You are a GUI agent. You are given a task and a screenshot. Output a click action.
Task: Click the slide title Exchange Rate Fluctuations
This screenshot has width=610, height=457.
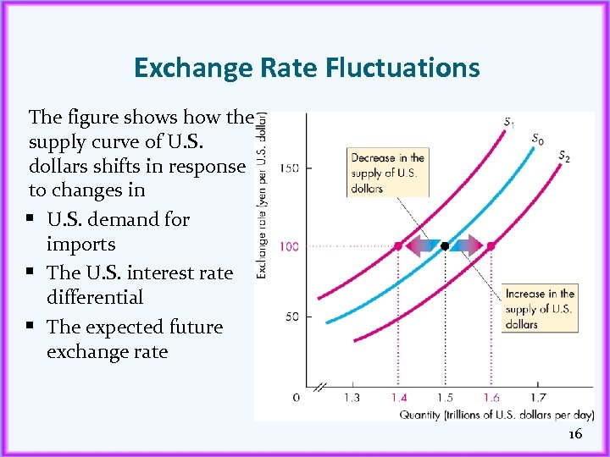click(x=307, y=68)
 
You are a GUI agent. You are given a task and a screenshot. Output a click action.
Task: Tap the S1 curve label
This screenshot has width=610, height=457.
click(x=508, y=124)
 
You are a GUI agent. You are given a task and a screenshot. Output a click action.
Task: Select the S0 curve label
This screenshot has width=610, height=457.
click(x=537, y=139)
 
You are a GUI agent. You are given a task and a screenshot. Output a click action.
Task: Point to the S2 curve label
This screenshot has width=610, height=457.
click(x=564, y=156)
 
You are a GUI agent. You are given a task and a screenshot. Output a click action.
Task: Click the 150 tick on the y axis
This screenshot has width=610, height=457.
click(x=289, y=169)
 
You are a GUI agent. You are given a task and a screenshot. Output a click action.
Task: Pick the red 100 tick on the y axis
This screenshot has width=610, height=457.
click(x=289, y=246)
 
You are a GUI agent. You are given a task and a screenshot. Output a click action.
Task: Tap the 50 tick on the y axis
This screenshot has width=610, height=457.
click(x=291, y=317)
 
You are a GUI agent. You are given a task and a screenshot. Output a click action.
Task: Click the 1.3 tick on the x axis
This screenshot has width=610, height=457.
click(x=351, y=397)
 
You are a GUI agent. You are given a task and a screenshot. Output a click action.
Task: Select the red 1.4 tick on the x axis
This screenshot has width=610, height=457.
click(x=398, y=397)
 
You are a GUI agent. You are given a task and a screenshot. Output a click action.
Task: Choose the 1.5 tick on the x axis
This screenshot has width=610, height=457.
click(x=445, y=397)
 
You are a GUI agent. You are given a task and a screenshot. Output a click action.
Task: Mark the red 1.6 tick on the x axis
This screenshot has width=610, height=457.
click(x=491, y=397)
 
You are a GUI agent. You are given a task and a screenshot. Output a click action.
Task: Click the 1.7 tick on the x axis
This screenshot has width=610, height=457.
click(x=538, y=397)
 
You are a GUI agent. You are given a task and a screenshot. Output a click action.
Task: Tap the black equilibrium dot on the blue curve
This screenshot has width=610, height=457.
click(x=445, y=246)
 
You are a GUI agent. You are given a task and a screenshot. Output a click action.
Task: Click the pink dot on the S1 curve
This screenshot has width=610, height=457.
click(x=398, y=246)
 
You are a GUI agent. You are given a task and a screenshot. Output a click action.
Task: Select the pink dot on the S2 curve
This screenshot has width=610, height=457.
click(x=491, y=246)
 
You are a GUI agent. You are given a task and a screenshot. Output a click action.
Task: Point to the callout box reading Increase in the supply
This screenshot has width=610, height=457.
click(x=540, y=309)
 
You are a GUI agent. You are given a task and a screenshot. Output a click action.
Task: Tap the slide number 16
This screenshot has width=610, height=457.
click(x=575, y=434)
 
